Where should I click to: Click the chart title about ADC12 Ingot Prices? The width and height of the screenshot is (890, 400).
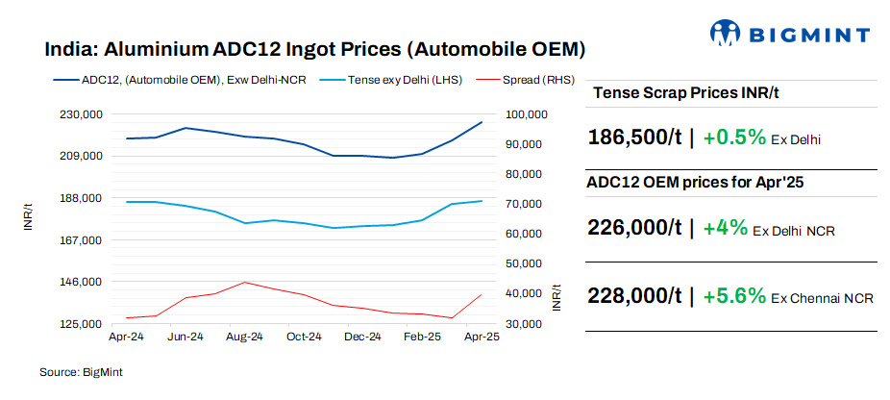click(x=315, y=49)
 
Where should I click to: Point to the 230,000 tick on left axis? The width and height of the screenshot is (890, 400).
click(x=81, y=114)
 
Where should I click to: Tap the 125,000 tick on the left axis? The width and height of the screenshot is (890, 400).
click(x=81, y=324)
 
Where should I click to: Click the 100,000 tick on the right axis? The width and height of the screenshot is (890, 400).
click(x=526, y=114)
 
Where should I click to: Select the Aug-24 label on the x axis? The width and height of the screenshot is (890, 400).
click(x=245, y=337)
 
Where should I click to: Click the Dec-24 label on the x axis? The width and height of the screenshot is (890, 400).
click(x=363, y=337)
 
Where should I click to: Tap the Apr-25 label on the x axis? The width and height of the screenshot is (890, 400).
click(x=482, y=337)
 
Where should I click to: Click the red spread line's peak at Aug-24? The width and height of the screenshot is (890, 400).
click(x=245, y=282)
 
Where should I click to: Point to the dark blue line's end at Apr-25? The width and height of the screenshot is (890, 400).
click(x=482, y=122)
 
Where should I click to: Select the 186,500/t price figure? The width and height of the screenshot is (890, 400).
click(x=634, y=137)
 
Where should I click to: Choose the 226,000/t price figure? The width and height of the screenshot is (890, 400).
click(x=634, y=228)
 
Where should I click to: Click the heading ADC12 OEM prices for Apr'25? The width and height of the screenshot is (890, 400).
click(x=695, y=183)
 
